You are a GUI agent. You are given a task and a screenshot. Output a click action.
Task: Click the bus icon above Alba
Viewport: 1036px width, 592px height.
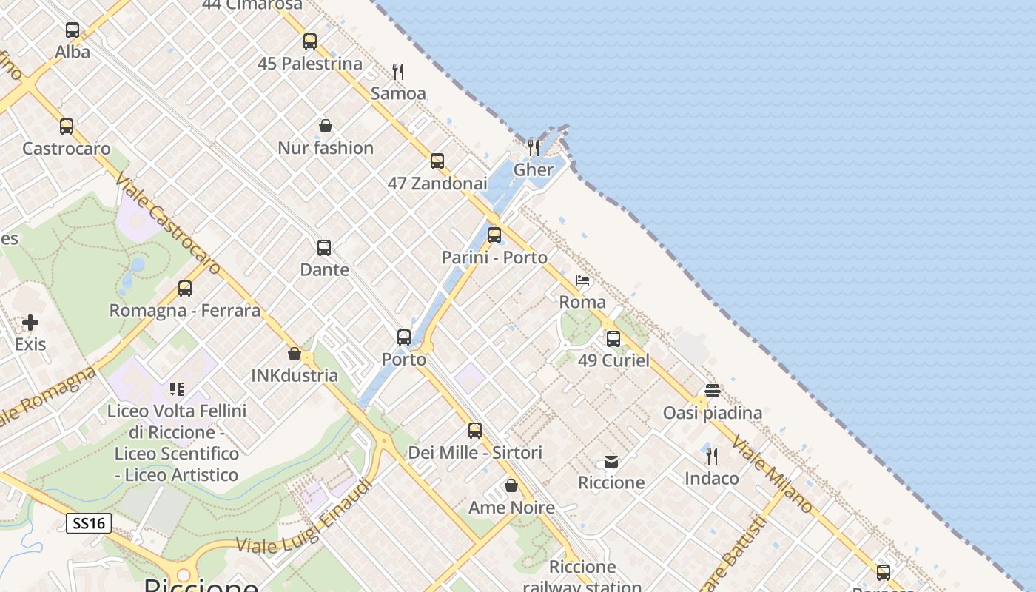click(73, 30)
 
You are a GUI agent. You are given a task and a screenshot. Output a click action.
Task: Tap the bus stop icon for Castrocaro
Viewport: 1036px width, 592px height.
click(67, 127)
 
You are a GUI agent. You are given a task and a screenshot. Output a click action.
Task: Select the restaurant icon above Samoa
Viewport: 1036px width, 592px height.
click(398, 72)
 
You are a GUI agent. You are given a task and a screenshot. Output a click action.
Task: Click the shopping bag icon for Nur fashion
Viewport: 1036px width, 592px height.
click(325, 126)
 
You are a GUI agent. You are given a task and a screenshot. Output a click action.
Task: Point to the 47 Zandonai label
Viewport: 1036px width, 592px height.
click(437, 184)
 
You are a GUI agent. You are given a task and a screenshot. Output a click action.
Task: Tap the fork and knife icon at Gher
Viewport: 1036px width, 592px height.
click(533, 147)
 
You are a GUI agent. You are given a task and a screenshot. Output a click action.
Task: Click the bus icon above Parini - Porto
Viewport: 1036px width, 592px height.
click(494, 235)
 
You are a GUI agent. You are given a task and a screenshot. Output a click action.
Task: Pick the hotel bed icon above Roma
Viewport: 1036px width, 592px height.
click(582, 280)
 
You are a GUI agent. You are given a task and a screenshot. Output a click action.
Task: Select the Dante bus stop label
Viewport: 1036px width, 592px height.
click(324, 269)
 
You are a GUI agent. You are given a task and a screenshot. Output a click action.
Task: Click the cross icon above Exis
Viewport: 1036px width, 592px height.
click(30, 323)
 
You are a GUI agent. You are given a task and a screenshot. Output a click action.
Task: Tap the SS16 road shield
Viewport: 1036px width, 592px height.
click(89, 524)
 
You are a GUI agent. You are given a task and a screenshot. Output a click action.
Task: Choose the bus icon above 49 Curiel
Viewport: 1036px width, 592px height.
click(613, 339)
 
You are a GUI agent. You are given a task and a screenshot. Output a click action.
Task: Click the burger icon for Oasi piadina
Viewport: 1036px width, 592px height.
click(712, 391)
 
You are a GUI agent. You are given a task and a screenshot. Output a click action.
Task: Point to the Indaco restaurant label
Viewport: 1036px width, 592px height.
click(711, 479)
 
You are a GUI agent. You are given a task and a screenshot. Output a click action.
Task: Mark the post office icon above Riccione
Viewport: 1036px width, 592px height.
click(611, 461)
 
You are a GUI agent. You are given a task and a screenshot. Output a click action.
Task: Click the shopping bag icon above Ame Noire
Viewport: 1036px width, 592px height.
click(511, 485)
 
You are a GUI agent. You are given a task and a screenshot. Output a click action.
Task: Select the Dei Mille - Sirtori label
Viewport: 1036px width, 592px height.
click(475, 452)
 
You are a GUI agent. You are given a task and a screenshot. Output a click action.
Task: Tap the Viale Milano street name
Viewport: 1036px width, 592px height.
click(772, 474)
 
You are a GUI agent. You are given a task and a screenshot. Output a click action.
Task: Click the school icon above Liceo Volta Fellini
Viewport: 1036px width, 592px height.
click(176, 388)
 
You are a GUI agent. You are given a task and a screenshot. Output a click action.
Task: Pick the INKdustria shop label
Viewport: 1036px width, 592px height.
click(295, 375)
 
